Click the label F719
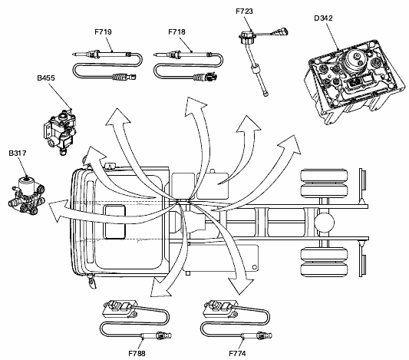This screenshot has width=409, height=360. (103, 31)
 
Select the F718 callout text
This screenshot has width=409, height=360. (176, 31)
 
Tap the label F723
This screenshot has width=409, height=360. (245, 12)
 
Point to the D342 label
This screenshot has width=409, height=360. (323, 18)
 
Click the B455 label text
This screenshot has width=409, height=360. (46, 78)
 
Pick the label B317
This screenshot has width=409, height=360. (18, 153)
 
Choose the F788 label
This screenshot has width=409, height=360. (137, 354)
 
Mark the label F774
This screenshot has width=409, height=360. (237, 354)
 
